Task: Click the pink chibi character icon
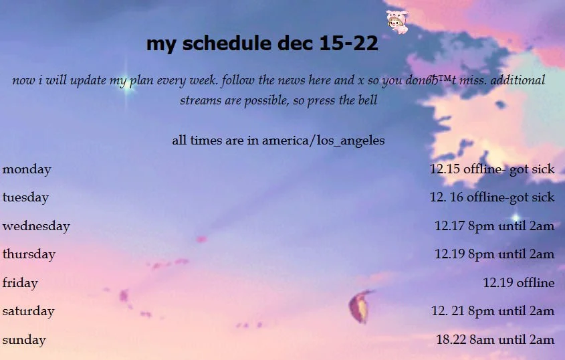(x=397, y=22)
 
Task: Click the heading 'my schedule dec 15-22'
(x=262, y=43)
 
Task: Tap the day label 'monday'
(x=27, y=169)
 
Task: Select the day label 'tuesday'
(x=25, y=197)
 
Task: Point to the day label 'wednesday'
(x=36, y=226)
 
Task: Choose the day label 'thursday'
(x=29, y=254)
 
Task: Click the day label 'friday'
(x=20, y=282)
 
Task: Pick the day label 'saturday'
(x=29, y=311)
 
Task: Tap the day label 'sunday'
(x=24, y=339)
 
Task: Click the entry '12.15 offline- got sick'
(x=492, y=169)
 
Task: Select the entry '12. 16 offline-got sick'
(x=492, y=197)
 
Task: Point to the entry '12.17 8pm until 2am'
(x=495, y=226)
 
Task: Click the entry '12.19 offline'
(x=519, y=282)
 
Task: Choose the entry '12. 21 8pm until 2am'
(x=493, y=310)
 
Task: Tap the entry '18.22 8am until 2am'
(x=495, y=339)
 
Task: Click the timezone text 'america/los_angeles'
(x=323, y=141)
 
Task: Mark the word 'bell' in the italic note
(x=368, y=100)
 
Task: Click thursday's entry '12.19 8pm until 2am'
(x=495, y=254)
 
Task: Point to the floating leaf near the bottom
(x=360, y=306)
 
